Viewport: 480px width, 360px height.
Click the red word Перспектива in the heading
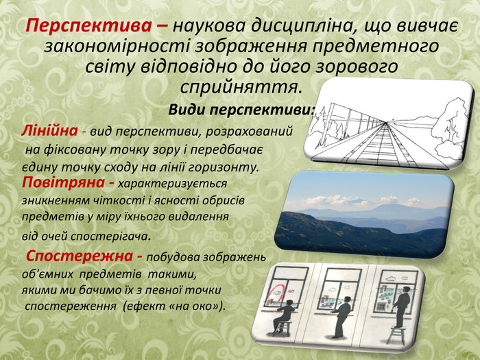88,25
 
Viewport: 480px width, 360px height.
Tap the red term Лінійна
49,130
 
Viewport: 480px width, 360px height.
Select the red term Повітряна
63,182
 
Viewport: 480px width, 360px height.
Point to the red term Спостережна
80,256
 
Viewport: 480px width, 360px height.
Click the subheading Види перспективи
239,110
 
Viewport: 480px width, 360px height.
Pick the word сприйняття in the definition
239,88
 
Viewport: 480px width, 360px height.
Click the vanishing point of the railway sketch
385,122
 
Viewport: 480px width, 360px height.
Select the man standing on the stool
402,307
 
